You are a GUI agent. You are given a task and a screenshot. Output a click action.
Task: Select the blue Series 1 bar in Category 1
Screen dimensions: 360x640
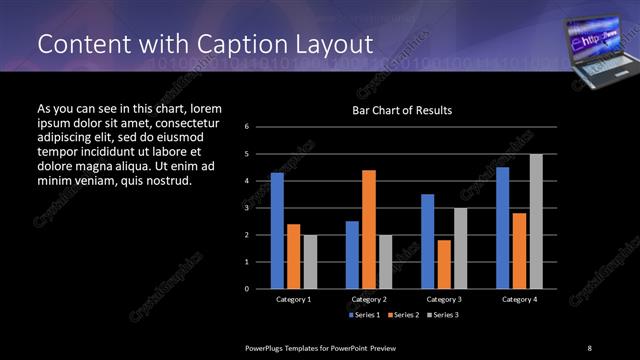click(x=277, y=230)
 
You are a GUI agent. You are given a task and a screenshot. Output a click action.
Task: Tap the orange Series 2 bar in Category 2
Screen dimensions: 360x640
click(x=368, y=229)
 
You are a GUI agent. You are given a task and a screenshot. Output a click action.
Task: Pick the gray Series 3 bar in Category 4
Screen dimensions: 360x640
click(x=536, y=221)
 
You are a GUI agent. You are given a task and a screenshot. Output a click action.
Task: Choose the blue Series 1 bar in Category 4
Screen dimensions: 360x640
click(x=502, y=227)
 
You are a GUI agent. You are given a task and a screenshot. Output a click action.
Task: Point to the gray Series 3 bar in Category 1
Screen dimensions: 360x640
click(x=310, y=261)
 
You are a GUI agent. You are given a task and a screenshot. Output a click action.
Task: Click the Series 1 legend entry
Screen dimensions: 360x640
click(x=364, y=314)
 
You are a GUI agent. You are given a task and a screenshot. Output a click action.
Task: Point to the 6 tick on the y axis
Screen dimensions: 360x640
click(x=261, y=127)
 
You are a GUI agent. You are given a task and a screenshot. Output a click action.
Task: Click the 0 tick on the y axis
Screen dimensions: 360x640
click(x=261, y=289)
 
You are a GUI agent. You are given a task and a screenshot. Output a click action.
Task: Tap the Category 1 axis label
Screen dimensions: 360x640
click(x=293, y=299)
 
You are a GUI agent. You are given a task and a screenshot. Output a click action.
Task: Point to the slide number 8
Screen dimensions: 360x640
click(x=589, y=347)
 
